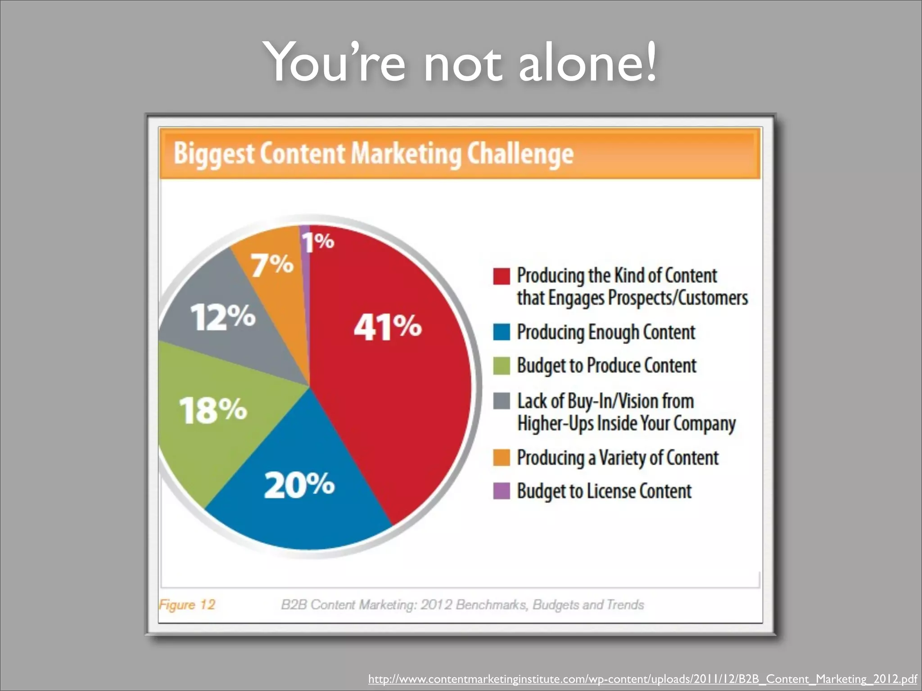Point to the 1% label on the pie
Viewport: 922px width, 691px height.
click(318, 242)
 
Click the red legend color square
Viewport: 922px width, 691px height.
click(501, 276)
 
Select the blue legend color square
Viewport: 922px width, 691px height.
click(501, 332)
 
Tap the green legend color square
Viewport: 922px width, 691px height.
click(501, 365)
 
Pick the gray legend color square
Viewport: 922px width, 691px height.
click(501, 400)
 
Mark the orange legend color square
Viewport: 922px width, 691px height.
click(501, 458)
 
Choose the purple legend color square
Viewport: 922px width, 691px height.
click(501, 491)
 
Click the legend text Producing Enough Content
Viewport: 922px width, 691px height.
click(606, 332)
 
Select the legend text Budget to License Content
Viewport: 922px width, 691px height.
click(604, 491)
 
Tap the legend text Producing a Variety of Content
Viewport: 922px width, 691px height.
click(617, 458)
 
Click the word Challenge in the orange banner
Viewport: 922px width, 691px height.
click(520, 154)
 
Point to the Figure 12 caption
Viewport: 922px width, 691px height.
click(187, 605)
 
